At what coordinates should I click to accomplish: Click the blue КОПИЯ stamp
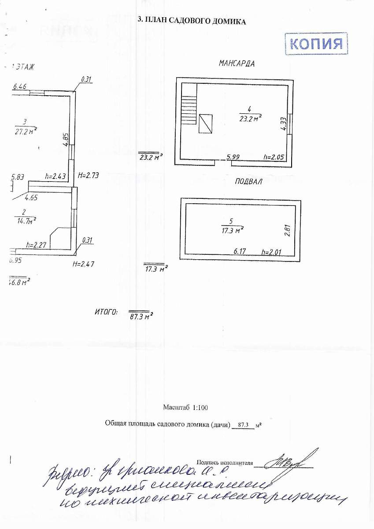(x=316, y=44)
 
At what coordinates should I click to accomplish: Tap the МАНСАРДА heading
(x=237, y=63)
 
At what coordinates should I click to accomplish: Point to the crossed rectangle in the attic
(x=205, y=123)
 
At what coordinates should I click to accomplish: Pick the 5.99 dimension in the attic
(x=233, y=157)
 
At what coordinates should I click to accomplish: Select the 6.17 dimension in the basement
(x=240, y=251)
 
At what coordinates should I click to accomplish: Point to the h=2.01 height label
(x=271, y=252)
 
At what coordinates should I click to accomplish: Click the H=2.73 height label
(x=88, y=175)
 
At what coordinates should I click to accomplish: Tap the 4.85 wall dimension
(x=65, y=139)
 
